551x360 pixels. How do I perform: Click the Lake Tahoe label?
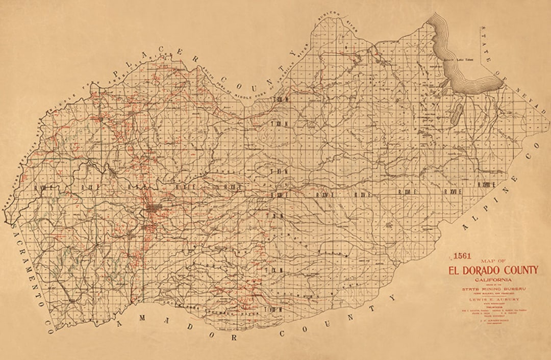pyautogui.click(x=465, y=60)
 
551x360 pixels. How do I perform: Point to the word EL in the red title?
pyautogui.click(x=454, y=270)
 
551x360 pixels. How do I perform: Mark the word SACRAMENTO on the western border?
pyautogui.click(x=26, y=266)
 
